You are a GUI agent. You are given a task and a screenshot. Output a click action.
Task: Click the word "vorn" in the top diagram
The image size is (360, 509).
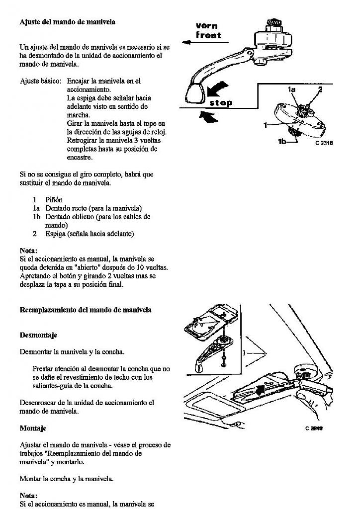(207, 26)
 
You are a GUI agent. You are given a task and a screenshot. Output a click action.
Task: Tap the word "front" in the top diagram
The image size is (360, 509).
(208, 35)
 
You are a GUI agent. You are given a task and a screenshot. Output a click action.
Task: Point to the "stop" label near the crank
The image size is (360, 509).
(220, 103)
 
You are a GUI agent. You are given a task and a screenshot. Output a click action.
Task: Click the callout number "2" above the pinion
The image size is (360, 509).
(320, 89)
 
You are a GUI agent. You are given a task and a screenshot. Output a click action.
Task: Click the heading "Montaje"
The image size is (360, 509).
(33, 428)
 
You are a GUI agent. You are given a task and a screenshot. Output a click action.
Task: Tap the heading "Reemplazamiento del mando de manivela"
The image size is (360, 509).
(86, 310)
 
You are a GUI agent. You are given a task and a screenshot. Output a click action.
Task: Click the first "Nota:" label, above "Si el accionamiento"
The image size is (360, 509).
(29, 251)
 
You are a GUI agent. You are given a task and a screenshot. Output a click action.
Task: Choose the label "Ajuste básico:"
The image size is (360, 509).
(40, 81)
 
